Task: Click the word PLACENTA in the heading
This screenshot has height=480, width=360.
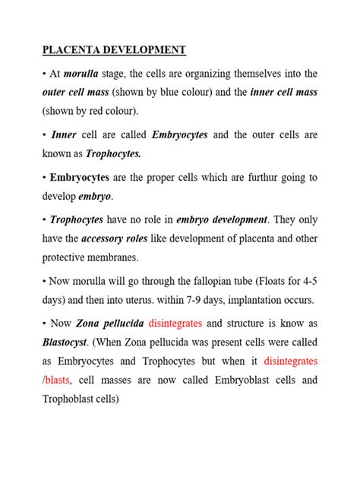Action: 68,51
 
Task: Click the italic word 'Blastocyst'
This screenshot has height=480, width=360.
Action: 66,341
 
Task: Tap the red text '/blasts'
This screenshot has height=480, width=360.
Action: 58,377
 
